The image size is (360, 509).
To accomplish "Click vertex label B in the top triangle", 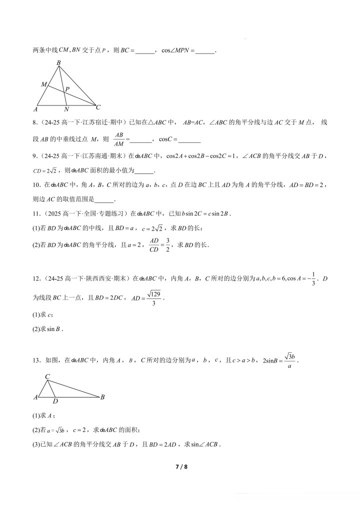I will [58, 63].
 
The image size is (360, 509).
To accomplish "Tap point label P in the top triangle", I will [66, 88].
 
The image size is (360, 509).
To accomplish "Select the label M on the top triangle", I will [44, 84].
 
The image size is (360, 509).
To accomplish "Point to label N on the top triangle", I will [66, 109].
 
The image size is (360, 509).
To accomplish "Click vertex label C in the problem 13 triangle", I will [47, 376].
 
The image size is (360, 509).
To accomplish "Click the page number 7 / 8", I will [180, 467].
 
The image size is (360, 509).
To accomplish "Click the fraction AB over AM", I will [119, 139].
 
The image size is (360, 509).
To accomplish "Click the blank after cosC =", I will [189, 139].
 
